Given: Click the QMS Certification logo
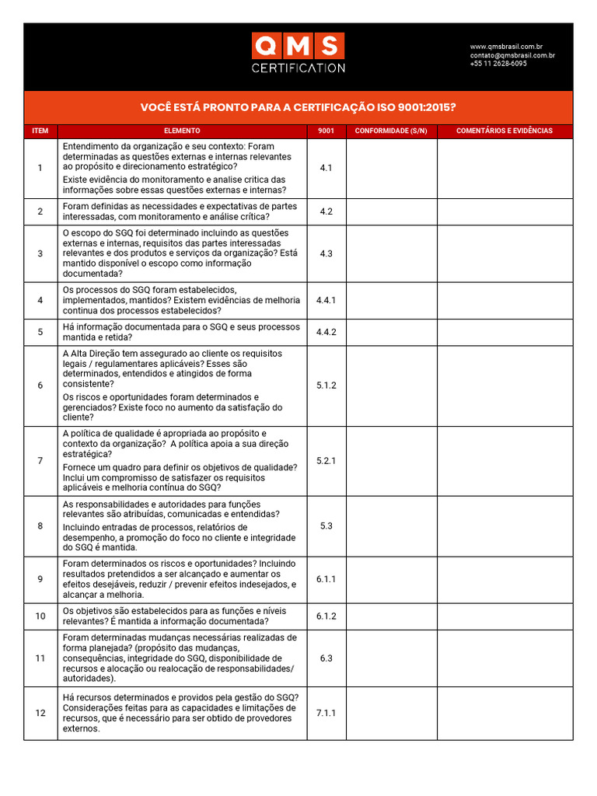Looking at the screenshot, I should coord(298,53).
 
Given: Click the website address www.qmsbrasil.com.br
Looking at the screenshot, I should coord(506,47).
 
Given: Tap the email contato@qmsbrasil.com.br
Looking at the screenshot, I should coord(511,55).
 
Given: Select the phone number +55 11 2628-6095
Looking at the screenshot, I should coord(497,64).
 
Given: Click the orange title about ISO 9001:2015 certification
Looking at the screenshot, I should coord(298,107).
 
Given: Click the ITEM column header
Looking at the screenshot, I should coord(40,131).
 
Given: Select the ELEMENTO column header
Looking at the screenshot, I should coord(182,131).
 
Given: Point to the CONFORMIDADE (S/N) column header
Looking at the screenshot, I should coord(391,131).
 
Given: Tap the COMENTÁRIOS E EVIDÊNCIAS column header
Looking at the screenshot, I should coord(504,131).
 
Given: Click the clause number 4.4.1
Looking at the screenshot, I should coord(326,300).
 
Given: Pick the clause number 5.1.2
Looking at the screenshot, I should coord(326,386).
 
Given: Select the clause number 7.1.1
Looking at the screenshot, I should coord(326,713).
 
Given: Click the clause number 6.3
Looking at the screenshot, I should coord(326,658).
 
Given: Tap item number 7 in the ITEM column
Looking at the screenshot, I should coord(40,461).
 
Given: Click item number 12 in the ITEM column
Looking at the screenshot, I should coord(40,713).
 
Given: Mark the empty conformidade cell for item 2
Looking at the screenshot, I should coord(391,211).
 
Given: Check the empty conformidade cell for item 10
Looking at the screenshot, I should coord(391,616).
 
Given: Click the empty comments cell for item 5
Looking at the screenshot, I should coord(504,332).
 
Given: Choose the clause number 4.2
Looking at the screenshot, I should coord(326,211).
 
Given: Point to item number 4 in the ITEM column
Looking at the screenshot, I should coord(40,300).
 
